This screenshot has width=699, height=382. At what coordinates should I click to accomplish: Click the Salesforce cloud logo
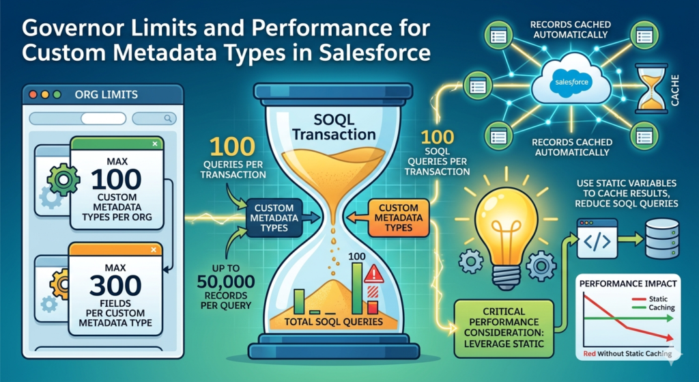(571, 82)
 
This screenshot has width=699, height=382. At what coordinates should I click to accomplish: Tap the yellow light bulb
(506, 232)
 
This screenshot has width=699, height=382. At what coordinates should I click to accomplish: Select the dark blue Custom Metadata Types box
(274, 218)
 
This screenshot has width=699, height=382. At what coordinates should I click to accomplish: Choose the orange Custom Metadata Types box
(399, 218)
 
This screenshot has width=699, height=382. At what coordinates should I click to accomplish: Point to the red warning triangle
(373, 274)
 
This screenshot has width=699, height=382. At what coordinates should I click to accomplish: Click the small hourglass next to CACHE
(651, 88)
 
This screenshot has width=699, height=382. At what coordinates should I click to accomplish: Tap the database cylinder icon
(662, 240)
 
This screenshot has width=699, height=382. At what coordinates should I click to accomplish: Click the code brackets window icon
(597, 238)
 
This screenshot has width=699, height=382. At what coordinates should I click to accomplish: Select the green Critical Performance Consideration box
(504, 329)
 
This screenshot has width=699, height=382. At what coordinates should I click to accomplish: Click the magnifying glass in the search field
(168, 118)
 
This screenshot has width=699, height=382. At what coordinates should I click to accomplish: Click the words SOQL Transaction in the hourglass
(334, 126)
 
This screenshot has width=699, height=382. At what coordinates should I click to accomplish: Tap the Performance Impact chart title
(628, 284)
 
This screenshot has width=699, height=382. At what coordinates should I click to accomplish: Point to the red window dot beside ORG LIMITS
(33, 94)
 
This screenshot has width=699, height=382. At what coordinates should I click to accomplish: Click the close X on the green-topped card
(155, 144)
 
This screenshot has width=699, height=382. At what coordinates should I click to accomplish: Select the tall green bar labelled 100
(357, 288)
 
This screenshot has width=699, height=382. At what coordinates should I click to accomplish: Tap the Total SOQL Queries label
(333, 322)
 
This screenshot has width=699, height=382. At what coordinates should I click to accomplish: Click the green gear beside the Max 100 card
(63, 180)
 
